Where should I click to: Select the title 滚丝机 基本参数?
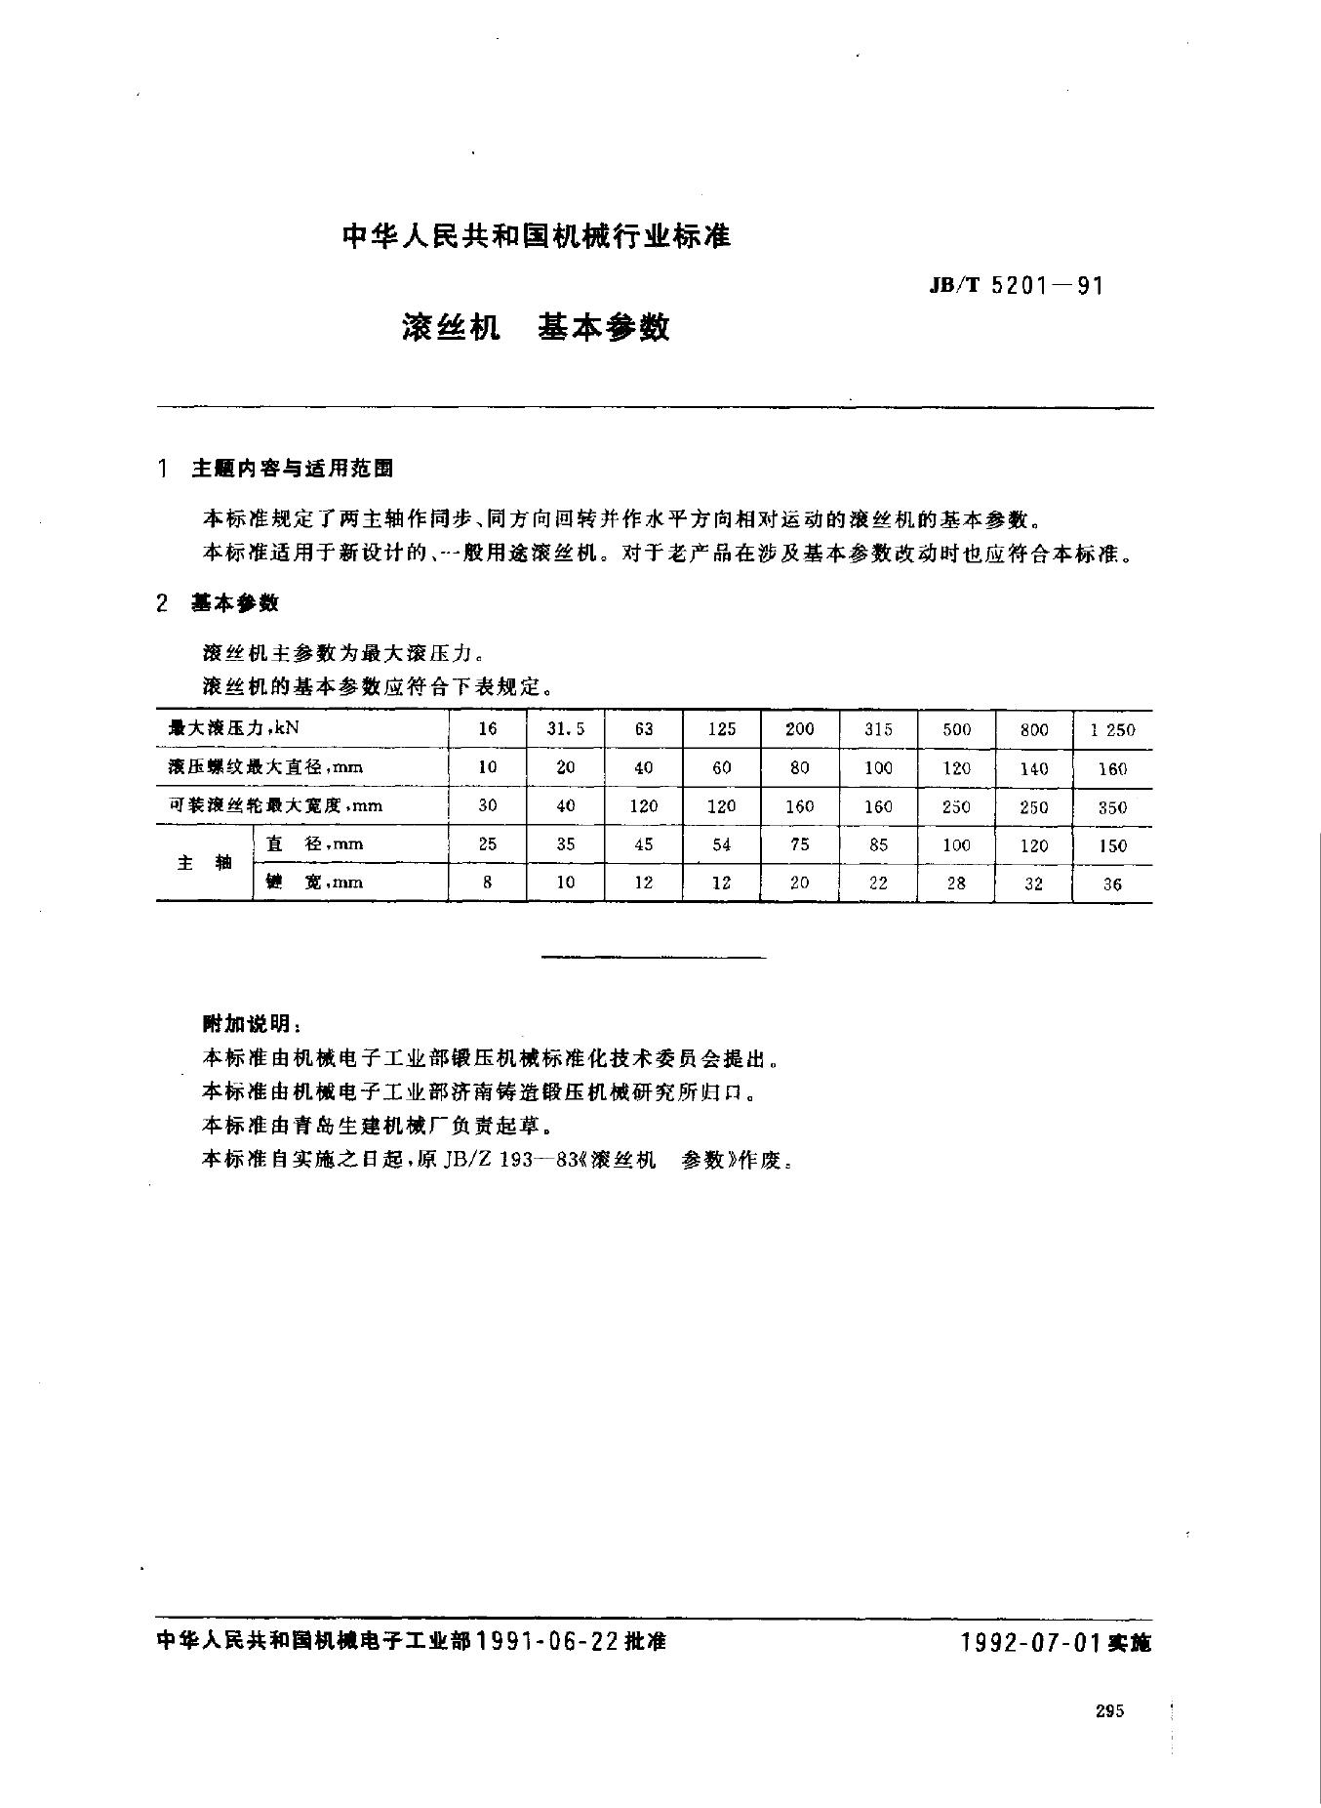click(x=536, y=327)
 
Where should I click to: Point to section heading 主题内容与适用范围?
click(x=293, y=469)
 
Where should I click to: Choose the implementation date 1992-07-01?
click(x=1032, y=1642)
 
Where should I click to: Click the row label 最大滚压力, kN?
click(x=227, y=727)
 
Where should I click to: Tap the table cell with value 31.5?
click(x=566, y=728)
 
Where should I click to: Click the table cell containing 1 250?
click(x=1112, y=729)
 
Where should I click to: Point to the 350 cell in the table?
click(x=1112, y=807)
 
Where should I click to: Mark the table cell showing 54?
click(x=722, y=844)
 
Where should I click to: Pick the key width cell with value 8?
click(x=488, y=882)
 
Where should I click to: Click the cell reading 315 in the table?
click(x=878, y=728)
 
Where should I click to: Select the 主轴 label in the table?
click(x=205, y=863)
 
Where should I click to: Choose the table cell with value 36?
click(x=1112, y=884)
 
